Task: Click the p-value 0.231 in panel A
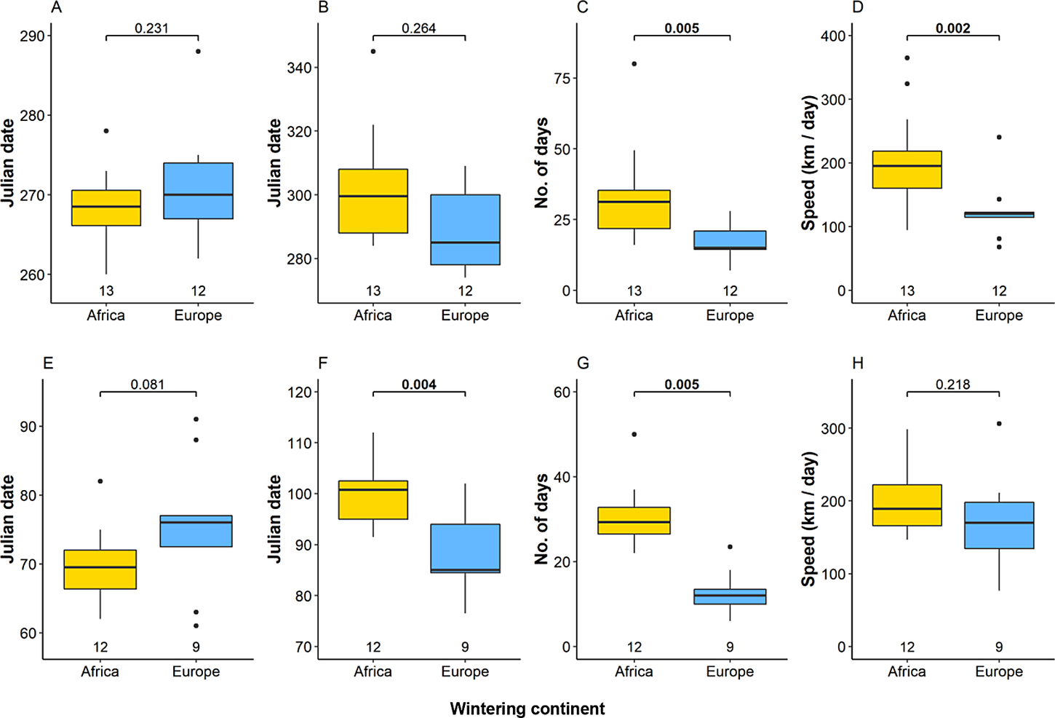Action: (x=151, y=28)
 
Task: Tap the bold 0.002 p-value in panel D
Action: (x=952, y=28)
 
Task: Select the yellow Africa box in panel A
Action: (x=106, y=208)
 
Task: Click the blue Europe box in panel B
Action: (x=465, y=229)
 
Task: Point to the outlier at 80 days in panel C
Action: (x=634, y=64)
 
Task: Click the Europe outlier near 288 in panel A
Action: (x=198, y=51)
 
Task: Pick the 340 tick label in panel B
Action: (x=298, y=68)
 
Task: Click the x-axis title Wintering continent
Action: (x=527, y=709)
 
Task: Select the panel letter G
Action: (x=583, y=363)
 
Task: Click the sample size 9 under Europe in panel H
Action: (x=999, y=647)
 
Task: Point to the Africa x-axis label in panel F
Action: (x=373, y=671)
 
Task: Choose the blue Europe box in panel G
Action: (x=730, y=596)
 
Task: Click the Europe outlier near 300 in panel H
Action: (x=999, y=423)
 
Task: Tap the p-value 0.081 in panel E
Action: (x=148, y=384)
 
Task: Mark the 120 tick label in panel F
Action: (x=300, y=392)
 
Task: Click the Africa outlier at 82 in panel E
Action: (x=100, y=481)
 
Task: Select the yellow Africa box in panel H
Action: (x=907, y=505)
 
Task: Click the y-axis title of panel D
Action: (x=808, y=162)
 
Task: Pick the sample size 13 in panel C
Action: (x=634, y=291)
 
